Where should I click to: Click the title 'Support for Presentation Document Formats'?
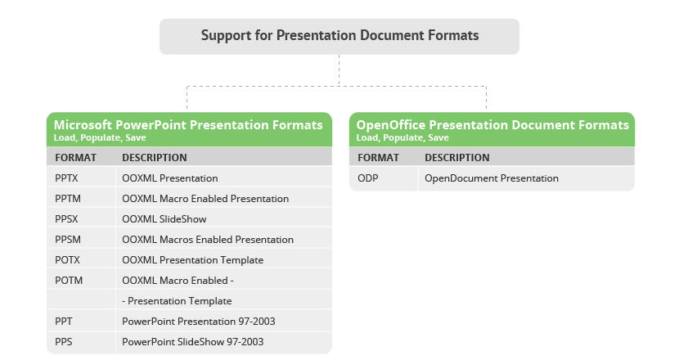pos(339,35)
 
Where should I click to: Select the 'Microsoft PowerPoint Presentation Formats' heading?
pos(188,124)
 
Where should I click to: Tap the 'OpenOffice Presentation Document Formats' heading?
pos(492,124)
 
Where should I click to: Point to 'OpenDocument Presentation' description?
pos(492,178)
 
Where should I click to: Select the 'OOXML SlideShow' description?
pos(164,218)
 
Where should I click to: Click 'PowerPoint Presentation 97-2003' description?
pos(199,321)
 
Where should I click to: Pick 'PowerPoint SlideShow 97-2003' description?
pos(193,341)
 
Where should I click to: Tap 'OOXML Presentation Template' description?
pos(193,259)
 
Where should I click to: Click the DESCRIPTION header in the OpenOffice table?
pos(456,157)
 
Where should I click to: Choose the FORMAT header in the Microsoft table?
pos(76,157)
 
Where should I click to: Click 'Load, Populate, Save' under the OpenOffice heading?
pos(402,137)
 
